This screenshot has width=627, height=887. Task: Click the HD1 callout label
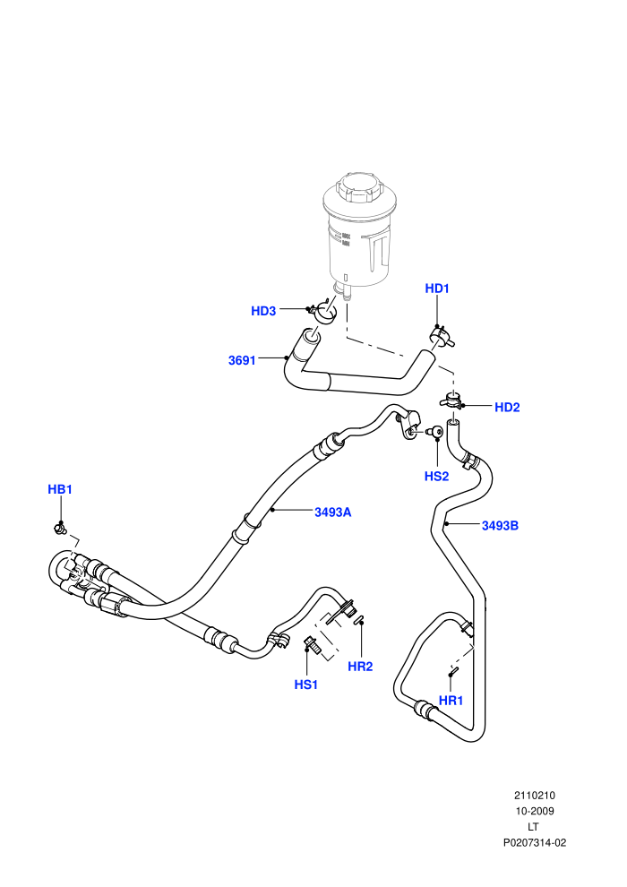click(436, 288)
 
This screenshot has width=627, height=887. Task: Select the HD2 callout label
click(507, 408)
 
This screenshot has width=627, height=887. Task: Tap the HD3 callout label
click(263, 311)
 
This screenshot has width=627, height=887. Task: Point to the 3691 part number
click(242, 360)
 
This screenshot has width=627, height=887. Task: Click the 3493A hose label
click(333, 512)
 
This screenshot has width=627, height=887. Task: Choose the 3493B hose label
click(500, 526)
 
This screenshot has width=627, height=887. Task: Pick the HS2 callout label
click(436, 477)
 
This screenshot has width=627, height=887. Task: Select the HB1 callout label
click(60, 489)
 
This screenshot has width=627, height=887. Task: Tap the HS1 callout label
click(305, 685)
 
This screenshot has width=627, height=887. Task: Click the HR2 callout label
click(360, 667)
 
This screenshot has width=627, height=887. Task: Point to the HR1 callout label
click(451, 701)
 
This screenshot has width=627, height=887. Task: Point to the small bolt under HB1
click(59, 529)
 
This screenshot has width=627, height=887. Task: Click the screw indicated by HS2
click(436, 432)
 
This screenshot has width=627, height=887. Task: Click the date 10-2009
click(534, 811)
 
